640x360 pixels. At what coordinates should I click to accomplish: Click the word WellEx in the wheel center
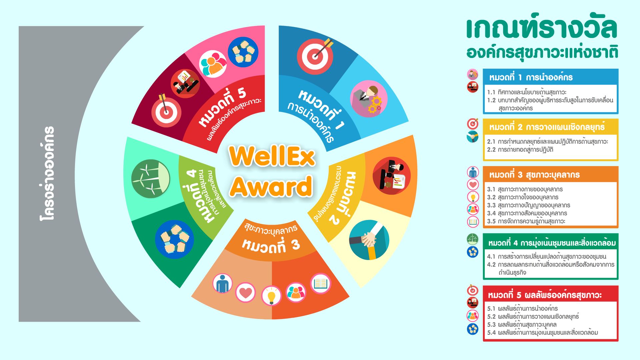[272, 156]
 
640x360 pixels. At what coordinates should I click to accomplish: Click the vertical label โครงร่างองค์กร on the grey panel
[47, 173]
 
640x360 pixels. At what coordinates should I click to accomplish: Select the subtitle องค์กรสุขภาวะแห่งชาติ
[542, 53]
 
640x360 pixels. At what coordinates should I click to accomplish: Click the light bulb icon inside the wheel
[271, 296]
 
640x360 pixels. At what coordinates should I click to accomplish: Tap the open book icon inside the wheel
[321, 284]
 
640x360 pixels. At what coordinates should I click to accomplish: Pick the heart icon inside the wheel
[245, 292]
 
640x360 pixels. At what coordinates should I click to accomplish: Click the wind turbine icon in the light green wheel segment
[151, 179]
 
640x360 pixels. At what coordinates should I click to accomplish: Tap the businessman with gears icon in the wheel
[369, 99]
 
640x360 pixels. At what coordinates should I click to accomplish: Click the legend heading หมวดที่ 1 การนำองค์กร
[531, 77]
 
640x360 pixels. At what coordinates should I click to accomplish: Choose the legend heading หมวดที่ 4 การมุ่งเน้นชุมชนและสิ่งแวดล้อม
[552, 243]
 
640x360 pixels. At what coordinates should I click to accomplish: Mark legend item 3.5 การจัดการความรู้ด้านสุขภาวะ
[526, 221]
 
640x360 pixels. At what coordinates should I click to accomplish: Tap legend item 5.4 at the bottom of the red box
[542, 332]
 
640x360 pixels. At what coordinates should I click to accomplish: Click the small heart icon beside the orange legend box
[473, 184]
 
